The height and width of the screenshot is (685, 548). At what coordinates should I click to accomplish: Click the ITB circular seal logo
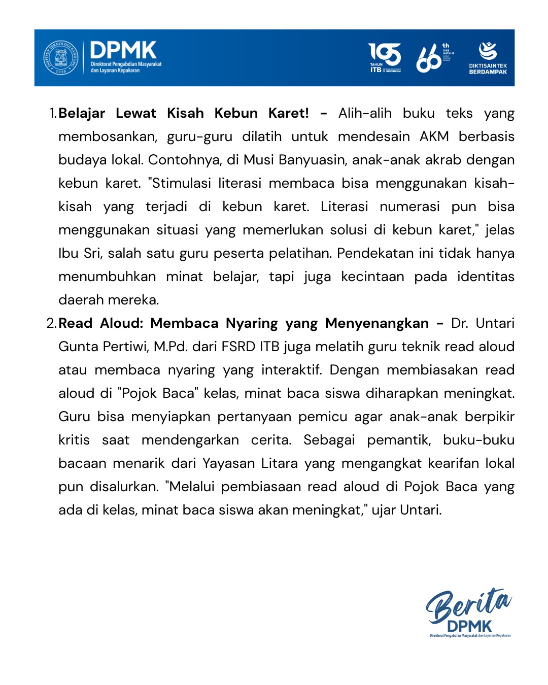[61, 57]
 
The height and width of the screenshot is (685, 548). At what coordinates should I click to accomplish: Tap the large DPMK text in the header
[123, 50]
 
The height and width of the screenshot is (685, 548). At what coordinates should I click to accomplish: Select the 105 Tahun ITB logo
[385, 57]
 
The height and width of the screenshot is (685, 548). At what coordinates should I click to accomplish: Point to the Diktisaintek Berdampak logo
[488, 57]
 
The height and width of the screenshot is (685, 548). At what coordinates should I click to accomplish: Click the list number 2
[51, 323]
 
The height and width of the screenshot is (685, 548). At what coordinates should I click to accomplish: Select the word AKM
[434, 136]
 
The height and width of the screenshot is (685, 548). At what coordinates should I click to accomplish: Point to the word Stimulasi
[183, 183]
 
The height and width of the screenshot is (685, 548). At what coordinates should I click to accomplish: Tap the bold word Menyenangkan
[376, 323]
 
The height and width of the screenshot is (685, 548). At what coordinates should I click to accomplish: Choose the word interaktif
[291, 370]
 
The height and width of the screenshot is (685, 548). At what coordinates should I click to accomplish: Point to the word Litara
[279, 463]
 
